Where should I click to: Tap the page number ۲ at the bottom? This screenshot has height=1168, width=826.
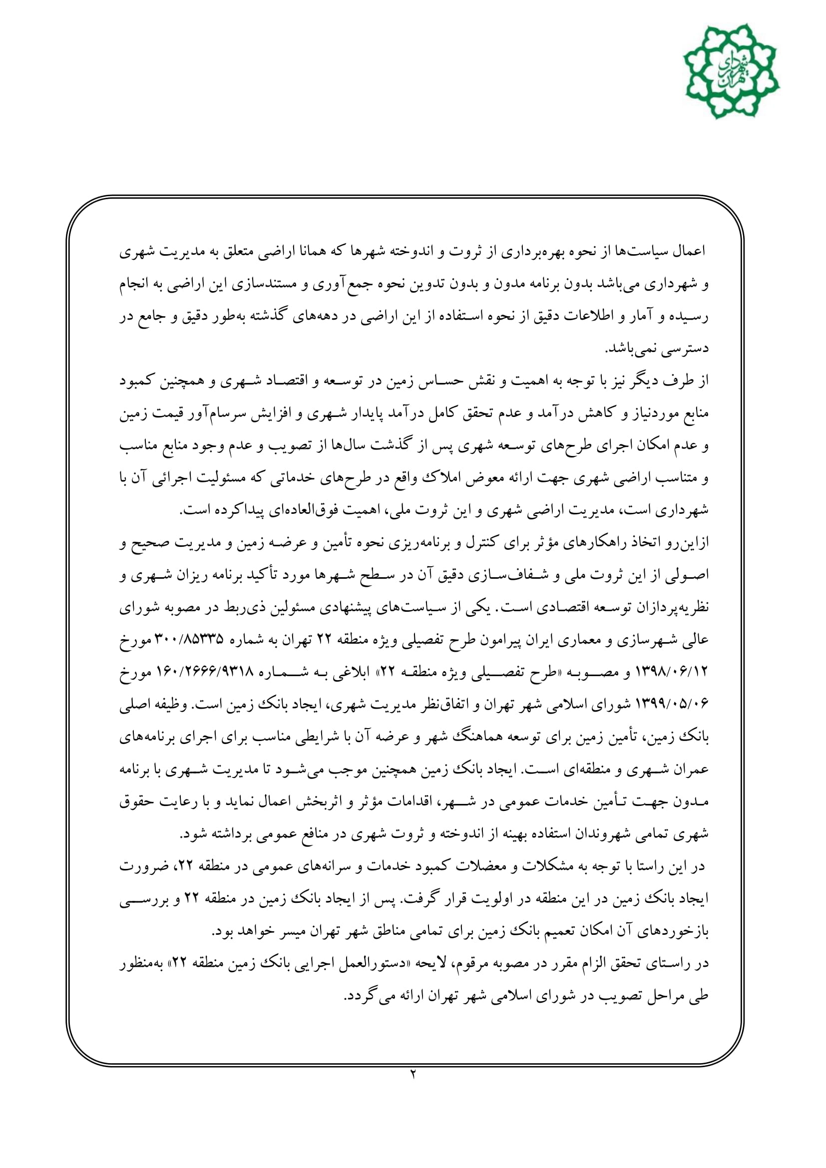tap(413, 1075)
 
